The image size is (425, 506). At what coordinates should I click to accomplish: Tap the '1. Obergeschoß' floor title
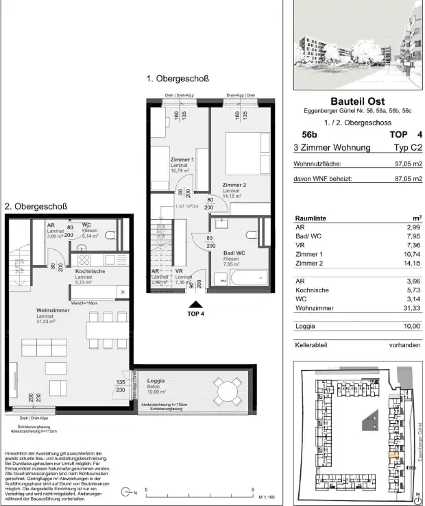[x=178, y=79]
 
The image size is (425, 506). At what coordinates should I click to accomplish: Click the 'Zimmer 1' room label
[x=182, y=160]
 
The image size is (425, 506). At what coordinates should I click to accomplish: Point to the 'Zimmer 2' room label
[x=234, y=185]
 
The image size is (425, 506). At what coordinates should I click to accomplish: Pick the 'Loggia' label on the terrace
[x=156, y=380]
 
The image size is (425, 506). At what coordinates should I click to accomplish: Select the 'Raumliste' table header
[x=311, y=218]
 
